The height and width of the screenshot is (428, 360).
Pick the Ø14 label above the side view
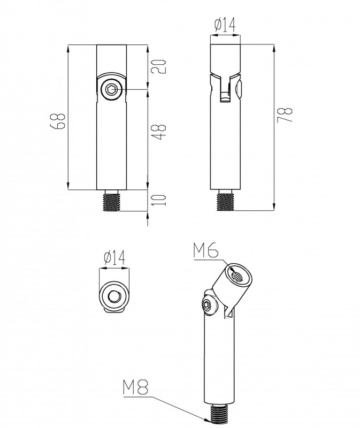(225, 25)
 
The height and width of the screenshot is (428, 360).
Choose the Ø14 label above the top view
(114, 257)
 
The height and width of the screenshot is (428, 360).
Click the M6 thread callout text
(206, 250)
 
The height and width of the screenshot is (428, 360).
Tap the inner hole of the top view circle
(113, 296)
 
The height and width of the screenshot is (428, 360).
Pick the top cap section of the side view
(225, 59)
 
